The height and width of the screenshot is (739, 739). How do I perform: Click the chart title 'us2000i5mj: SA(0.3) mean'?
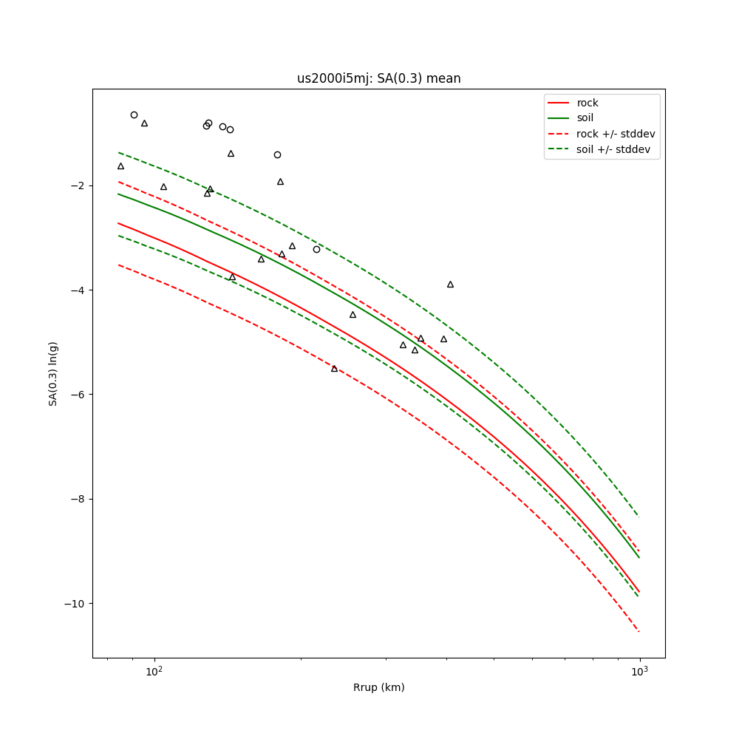(x=378, y=78)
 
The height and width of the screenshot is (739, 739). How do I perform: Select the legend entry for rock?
(x=588, y=103)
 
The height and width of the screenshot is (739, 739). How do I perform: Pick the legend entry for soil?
(x=585, y=118)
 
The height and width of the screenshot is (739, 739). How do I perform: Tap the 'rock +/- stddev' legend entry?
(x=616, y=134)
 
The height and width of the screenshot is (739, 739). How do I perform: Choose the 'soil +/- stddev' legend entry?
(x=615, y=149)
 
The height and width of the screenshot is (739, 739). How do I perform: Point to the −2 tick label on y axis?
(x=77, y=185)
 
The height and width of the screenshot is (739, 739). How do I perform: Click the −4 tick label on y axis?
(x=77, y=290)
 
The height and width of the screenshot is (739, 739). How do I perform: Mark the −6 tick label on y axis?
(x=77, y=395)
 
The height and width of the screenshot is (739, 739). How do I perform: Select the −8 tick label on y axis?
(x=77, y=500)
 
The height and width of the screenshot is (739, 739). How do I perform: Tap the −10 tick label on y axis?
(x=74, y=604)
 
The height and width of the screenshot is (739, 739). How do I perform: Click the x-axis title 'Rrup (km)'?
(x=378, y=687)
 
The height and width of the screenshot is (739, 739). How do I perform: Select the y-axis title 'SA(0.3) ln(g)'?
(x=53, y=373)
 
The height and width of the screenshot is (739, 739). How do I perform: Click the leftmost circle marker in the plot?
(x=134, y=115)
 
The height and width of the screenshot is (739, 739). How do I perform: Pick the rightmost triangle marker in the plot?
(x=450, y=285)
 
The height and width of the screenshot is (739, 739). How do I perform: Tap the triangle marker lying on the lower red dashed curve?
(x=334, y=368)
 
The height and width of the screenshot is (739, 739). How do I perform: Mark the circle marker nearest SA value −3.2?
(x=316, y=249)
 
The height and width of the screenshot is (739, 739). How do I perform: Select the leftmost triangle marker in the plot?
(x=120, y=166)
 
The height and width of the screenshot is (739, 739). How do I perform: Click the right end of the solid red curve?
(x=639, y=591)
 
